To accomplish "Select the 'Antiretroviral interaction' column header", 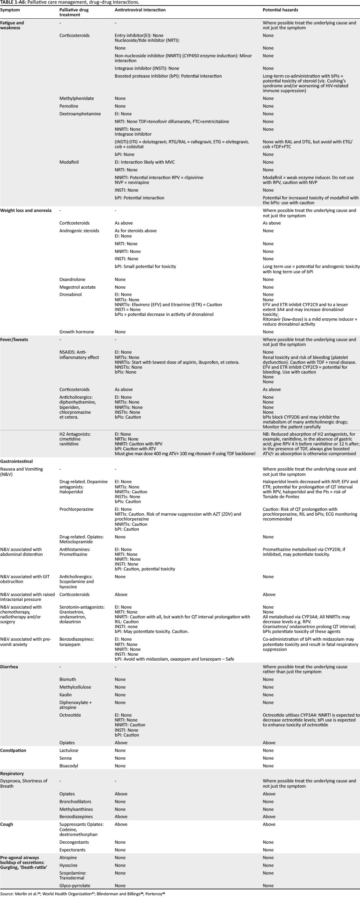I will [x=140, y=9].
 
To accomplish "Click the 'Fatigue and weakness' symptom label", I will [x=12, y=26].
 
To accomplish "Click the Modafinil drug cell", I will [x=69, y=162].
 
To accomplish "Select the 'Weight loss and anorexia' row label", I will [x=26, y=210].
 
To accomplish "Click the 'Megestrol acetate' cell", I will [x=78, y=287].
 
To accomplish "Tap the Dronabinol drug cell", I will [x=71, y=294].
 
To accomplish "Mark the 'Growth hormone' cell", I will [x=77, y=332].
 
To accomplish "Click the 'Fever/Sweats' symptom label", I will [x=14, y=339].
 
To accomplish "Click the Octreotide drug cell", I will [x=70, y=715].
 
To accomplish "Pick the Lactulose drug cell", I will [x=69, y=750].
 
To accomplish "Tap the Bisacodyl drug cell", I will [x=69, y=766].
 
